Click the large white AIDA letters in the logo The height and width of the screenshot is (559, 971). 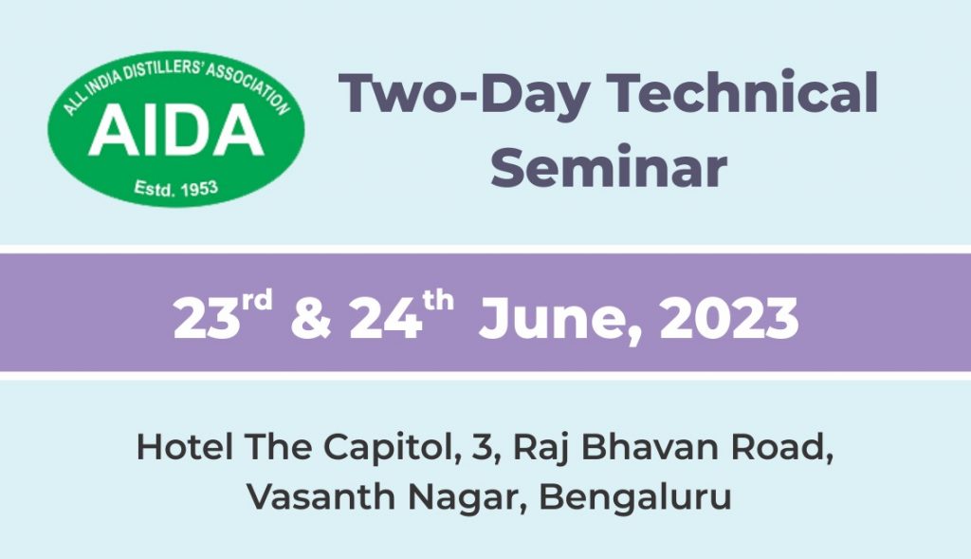(x=176, y=129)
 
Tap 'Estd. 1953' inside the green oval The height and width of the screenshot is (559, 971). (x=175, y=188)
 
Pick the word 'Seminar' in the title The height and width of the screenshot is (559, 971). (x=609, y=166)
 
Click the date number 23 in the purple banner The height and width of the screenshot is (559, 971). (x=206, y=319)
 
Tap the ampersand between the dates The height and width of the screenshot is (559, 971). (x=311, y=319)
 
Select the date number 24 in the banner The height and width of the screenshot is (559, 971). (x=385, y=319)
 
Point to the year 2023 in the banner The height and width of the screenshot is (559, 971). (x=729, y=319)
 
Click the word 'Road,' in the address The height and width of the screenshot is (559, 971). (x=782, y=448)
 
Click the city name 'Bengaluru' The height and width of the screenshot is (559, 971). (x=635, y=497)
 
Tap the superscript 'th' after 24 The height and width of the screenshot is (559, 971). (x=438, y=301)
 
